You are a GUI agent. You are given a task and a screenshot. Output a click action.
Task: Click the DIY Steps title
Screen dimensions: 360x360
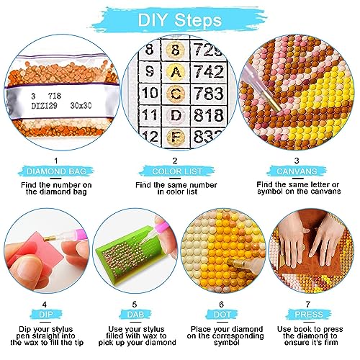(180, 20)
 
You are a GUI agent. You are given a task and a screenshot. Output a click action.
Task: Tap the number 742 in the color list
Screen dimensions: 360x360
(209, 71)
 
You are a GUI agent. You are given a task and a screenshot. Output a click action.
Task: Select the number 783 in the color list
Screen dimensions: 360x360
(208, 93)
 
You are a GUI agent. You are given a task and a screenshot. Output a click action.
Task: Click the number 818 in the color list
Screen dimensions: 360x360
(209, 115)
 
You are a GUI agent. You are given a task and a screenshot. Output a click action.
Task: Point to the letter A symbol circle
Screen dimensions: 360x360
(176, 71)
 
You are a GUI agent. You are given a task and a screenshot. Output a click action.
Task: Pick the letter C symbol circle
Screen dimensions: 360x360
(176, 93)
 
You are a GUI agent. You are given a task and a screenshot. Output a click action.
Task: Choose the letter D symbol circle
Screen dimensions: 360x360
(176, 115)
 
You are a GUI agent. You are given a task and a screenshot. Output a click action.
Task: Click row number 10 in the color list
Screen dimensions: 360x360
(150, 93)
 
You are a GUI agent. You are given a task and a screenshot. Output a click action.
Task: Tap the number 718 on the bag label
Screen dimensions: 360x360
(55, 96)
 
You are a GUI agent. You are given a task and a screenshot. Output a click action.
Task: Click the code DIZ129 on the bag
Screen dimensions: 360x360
(45, 105)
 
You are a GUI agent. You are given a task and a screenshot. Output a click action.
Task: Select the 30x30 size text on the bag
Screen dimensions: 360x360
(81, 105)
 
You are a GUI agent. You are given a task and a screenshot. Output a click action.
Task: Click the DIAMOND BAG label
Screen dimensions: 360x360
(56, 171)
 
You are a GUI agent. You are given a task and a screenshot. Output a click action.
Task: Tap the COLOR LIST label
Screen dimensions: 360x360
(177, 171)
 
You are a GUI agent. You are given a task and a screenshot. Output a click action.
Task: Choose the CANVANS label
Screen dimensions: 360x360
(297, 171)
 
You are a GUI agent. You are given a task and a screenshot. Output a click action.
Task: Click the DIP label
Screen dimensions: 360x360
(45, 315)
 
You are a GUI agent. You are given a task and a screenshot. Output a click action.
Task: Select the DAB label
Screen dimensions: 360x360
(135, 315)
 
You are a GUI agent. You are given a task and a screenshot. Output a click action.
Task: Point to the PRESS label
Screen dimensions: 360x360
(309, 315)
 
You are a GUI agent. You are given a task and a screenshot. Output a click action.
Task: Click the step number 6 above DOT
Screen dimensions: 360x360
(221, 305)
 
